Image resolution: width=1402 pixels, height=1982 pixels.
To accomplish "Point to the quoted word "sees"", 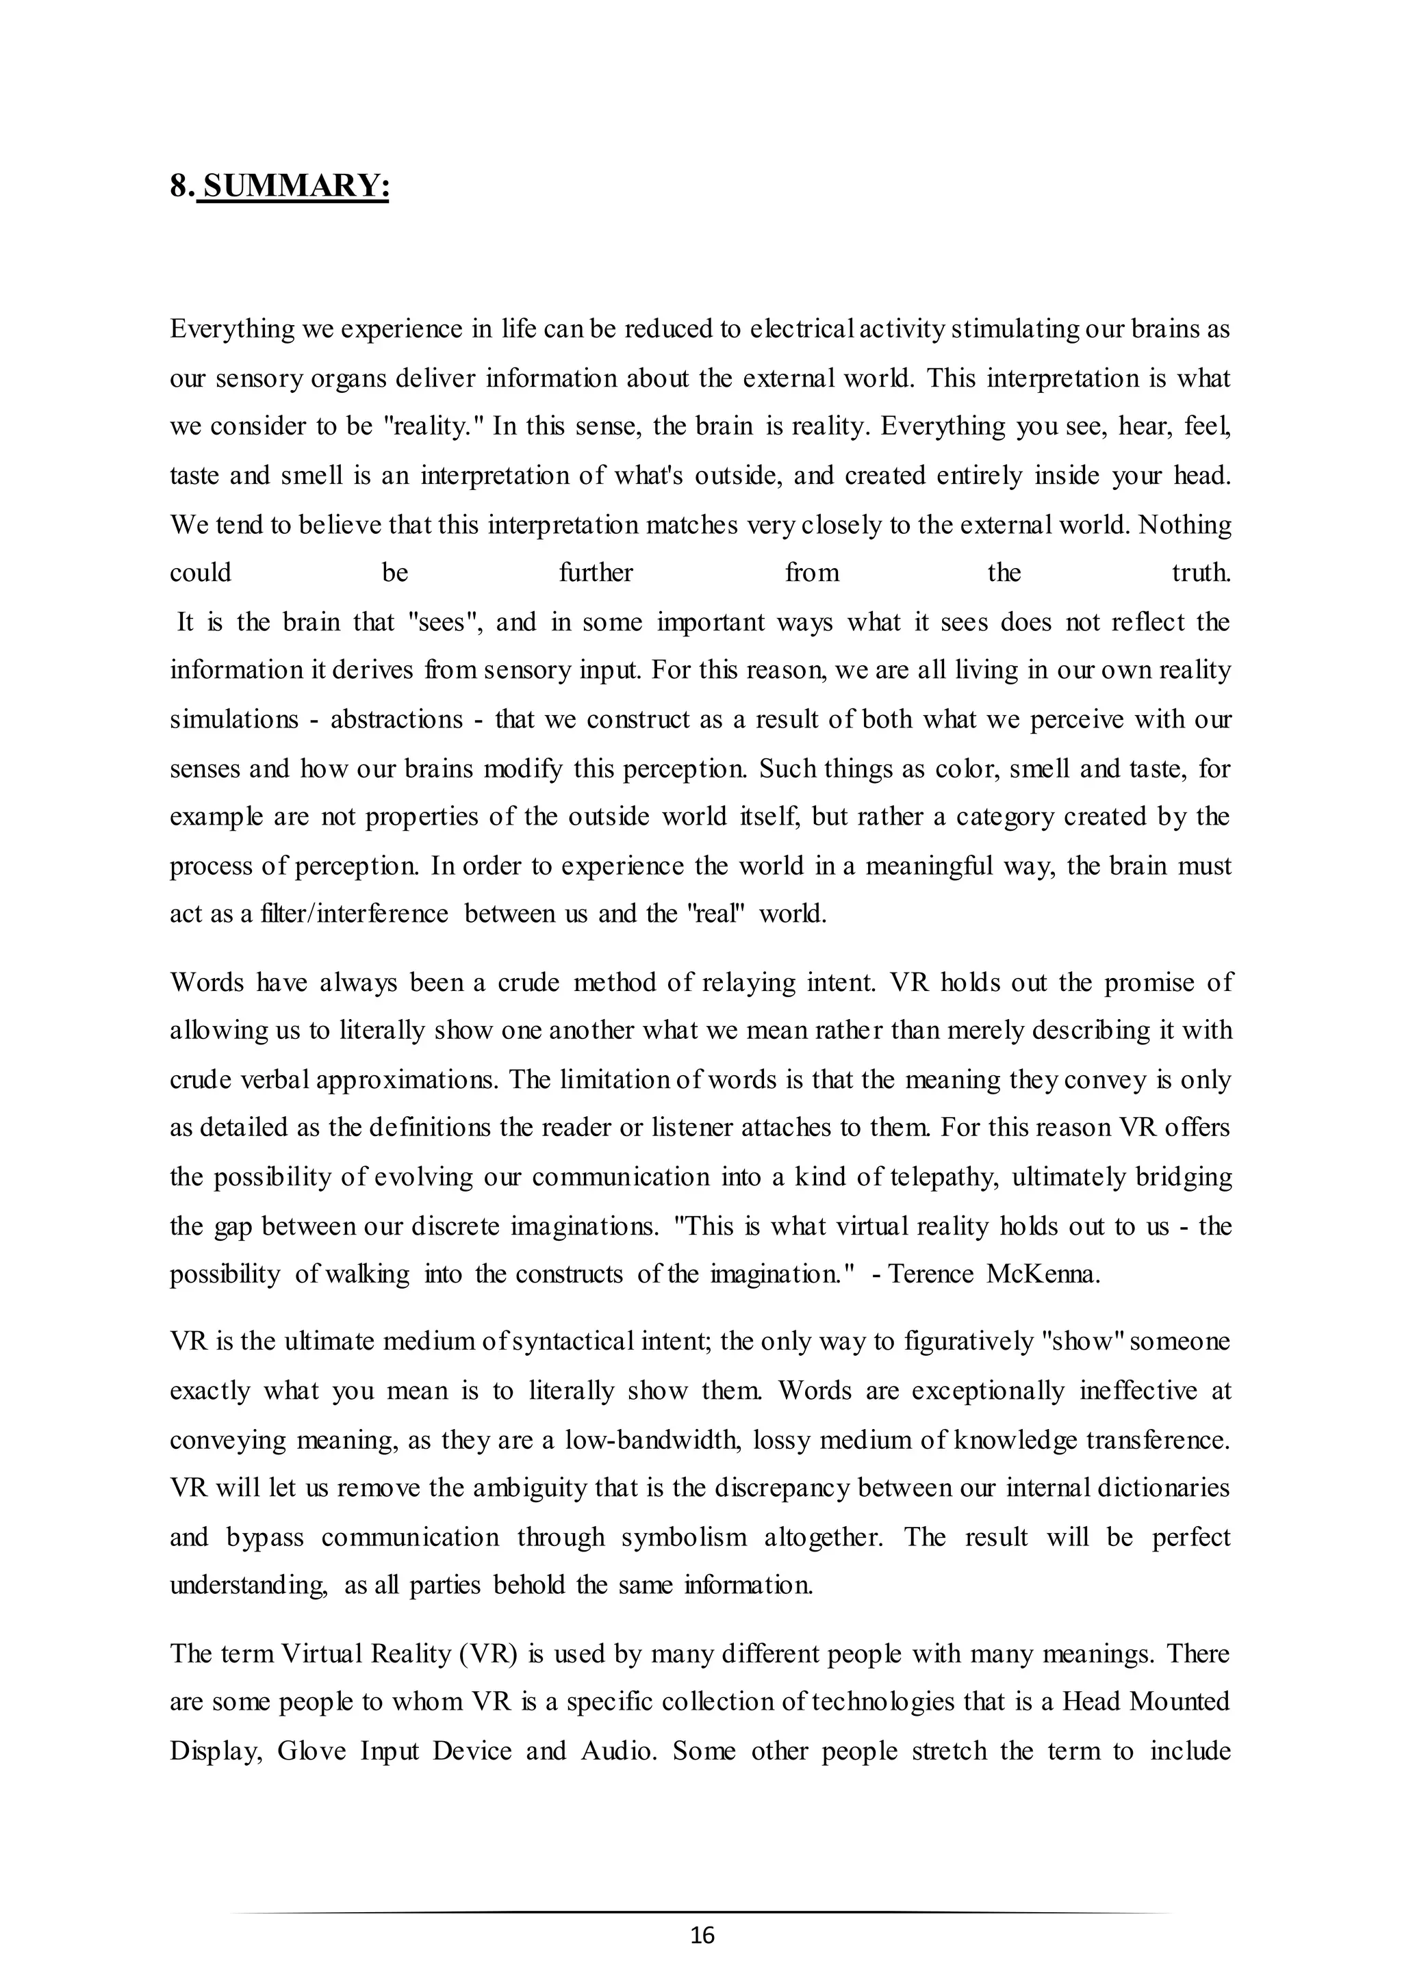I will click(x=443, y=621).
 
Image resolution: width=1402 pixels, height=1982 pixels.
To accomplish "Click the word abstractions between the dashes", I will click(x=397, y=719).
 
